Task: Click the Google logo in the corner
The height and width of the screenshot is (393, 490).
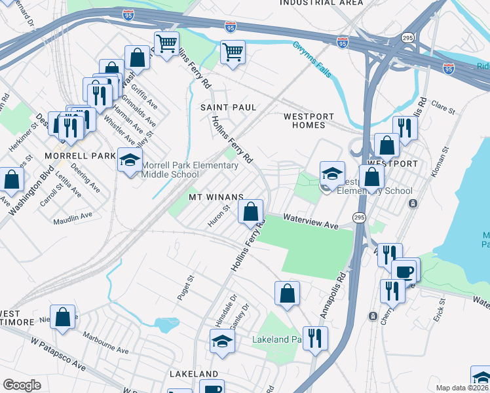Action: [22, 385]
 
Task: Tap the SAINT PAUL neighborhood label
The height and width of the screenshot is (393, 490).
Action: [228, 107]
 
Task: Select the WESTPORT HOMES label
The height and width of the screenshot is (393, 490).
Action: [304, 121]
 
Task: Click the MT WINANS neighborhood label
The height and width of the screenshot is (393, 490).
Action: [216, 196]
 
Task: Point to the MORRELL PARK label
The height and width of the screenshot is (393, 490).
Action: [71, 156]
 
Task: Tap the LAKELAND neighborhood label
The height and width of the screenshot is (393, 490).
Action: [193, 373]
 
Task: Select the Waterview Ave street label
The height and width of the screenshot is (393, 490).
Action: [311, 223]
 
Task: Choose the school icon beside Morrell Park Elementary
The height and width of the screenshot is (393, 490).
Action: [130, 160]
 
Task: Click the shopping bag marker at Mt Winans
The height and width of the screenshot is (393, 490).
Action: [250, 212]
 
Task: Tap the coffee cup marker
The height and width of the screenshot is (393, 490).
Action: [404, 271]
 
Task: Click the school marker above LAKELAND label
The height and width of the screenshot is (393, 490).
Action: [222, 341]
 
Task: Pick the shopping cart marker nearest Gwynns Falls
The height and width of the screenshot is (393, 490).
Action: [233, 52]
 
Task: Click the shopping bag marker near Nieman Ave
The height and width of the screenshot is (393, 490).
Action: [62, 318]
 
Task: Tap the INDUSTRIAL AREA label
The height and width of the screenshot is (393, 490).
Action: [321, 3]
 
